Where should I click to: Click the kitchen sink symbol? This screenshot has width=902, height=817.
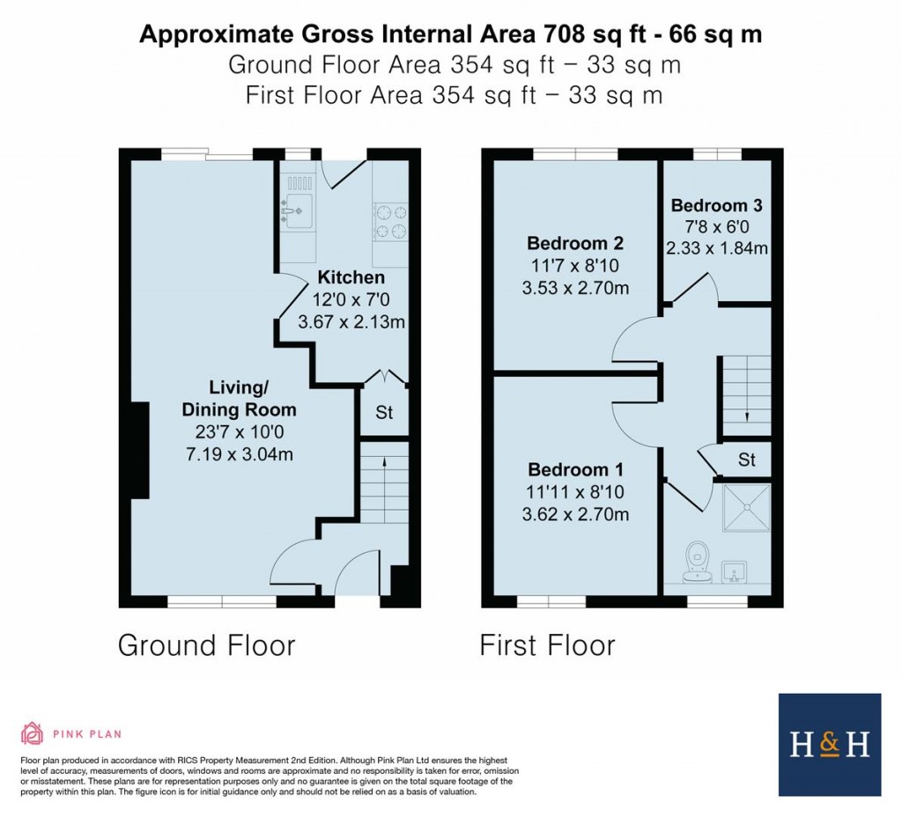pos(297,210)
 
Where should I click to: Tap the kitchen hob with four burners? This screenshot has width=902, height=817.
pos(391,221)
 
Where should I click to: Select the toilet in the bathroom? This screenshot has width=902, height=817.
pos(697,563)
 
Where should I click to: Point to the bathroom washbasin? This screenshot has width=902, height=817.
pos(735,573)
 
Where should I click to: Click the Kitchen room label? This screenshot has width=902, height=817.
pos(351,278)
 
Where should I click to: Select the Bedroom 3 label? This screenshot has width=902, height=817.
pos(716,205)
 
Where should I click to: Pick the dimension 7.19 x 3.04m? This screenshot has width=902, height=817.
pos(239,454)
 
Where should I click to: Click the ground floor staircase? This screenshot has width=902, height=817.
pos(384,483)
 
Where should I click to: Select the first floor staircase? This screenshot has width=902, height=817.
pos(746,394)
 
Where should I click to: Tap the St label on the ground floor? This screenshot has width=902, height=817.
pos(384,412)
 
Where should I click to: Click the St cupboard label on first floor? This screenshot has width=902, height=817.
pos(747,459)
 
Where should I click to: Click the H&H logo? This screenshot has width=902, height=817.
pos(829,745)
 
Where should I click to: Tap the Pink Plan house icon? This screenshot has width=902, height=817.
pos(33,733)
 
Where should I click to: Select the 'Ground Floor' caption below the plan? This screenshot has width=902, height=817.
pos(206,645)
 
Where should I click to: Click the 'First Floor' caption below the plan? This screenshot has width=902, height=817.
pos(547,645)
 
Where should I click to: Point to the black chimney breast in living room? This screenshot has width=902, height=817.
pos(139,452)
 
